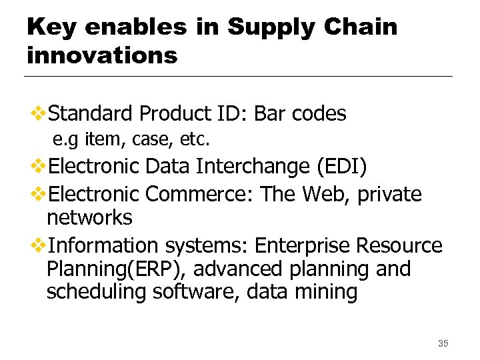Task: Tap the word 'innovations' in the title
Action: pyautogui.click(x=102, y=55)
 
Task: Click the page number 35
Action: pyautogui.click(x=443, y=343)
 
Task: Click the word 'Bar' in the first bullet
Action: pyautogui.click(x=270, y=114)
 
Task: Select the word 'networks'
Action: pyautogui.click(x=89, y=218)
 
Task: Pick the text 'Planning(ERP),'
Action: pyautogui.click(x=116, y=269)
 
